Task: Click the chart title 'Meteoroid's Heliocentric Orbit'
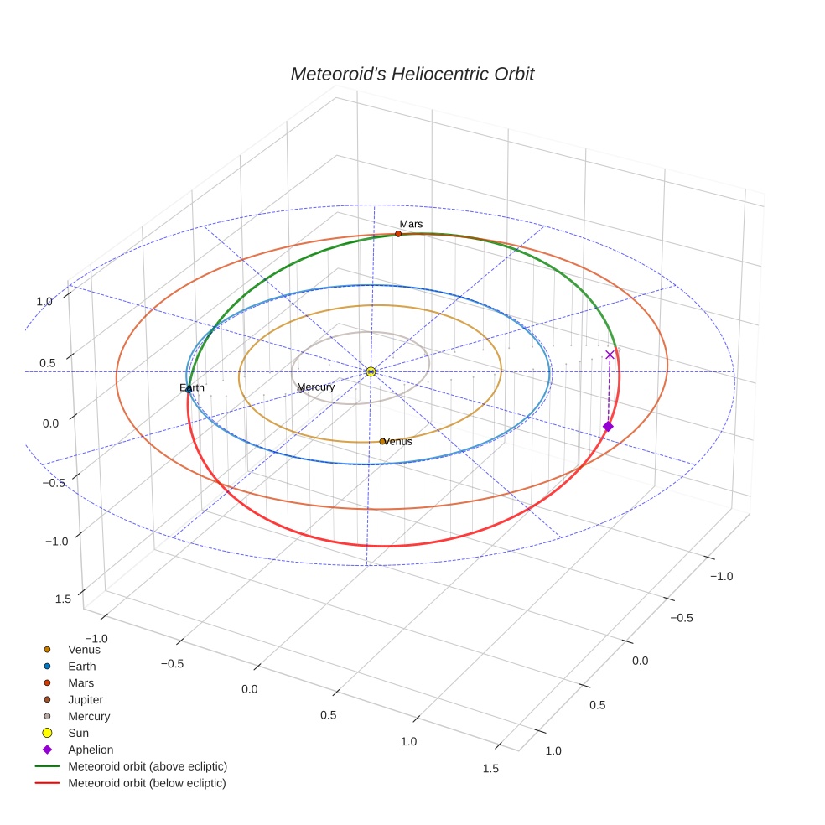pyautogui.click(x=412, y=75)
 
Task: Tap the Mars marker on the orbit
pyautogui.click(x=398, y=234)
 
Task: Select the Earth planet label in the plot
pyautogui.click(x=192, y=387)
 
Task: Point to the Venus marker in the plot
pyautogui.click(x=382, y=441)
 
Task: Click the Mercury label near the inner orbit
pyautogui.click(x=316, y=387)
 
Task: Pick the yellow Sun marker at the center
pyautogui.click(x=371, y=371)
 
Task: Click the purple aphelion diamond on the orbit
pyautogui.click(x=608, y=427)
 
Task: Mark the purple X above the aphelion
pyautogui.click(x=610, y=355)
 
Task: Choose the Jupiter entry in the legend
pyautogui.click(x=86, y=699)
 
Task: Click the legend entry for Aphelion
pyautogui.click(x=90, y=750)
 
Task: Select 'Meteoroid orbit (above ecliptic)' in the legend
pyautogui.click(x=147, y=766)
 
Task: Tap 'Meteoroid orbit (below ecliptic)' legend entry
pyautogui.click(x=147, y=783)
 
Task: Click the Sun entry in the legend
pyautogui.click(x=78, y=733)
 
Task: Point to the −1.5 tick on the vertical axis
pyautogui.click(x=60, y=599)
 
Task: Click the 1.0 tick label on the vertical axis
pyautogui.click(x=44, y=301)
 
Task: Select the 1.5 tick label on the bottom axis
pyautogui.click(x=490, y=768)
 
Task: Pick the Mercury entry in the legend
pyautogui.click(x=89, y=716)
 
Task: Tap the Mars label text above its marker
pyautogui.click(x=411, y=224)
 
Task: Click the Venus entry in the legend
pyautogui.click(x=84, y=649)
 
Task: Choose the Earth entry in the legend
pyautogui.click(x=82, y=666)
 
